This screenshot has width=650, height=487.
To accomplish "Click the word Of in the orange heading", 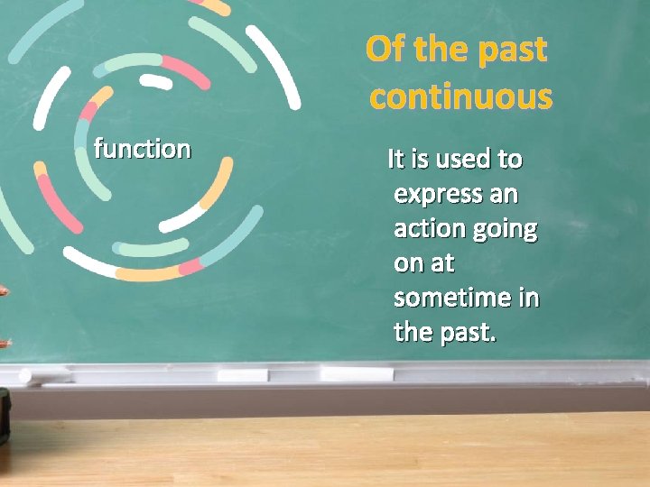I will coord(386,50).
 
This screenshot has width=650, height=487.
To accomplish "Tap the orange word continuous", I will coord(460,96).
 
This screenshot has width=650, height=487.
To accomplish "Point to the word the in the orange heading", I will coord(443,50).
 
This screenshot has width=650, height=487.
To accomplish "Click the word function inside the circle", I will coord(143,148).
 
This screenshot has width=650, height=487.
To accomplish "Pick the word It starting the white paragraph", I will coord(395,160).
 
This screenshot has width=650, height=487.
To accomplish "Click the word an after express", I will coord(515,195).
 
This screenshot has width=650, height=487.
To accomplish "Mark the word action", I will coord(428,229).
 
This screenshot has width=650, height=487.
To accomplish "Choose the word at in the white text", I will coord(441,263).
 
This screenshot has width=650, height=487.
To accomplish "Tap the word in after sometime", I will coord(529,298).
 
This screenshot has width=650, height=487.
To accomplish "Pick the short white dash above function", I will coord(156,82).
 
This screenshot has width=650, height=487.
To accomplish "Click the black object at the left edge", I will coord(4,416).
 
